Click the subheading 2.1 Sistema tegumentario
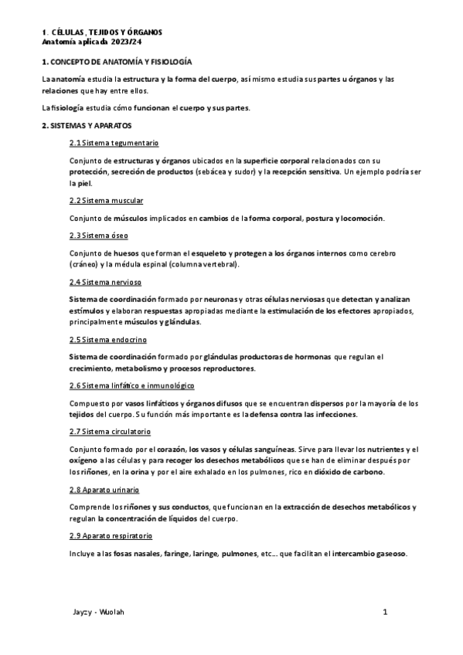pos(114,144)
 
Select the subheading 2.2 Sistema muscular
pos(106,200)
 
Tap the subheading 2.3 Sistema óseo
pos(98,235)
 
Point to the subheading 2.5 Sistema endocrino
pos(107,339)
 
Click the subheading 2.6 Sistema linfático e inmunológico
pos(131,385)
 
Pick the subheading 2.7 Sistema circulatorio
pos(110,431)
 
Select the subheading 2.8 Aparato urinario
pos(104,489)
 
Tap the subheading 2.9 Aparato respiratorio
pos(111,535)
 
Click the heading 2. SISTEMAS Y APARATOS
pos(87,124)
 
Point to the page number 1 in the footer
pos(384,612)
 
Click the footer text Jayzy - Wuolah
pos(97,612)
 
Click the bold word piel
pos(84,183)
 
